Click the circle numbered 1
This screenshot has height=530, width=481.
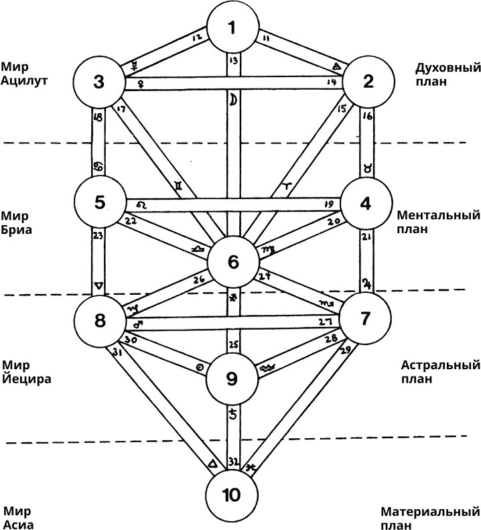click(232, 28)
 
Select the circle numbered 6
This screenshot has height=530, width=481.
click(233, 262)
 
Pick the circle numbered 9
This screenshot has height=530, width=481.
click(232, 379)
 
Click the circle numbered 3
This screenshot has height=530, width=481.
click(99, 83)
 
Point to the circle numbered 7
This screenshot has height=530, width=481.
click(365, 318)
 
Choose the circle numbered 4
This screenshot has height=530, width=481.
click(366, 203)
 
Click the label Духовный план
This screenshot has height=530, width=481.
click(440, 75)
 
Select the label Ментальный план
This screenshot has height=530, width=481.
click(438, 222)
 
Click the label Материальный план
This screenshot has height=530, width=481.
click(430, 518)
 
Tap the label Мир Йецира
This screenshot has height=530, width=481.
click(26, 372)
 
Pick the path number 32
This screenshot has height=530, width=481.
click(232, 462)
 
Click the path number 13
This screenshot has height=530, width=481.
click(232, 62)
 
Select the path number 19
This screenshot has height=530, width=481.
click(328, 204)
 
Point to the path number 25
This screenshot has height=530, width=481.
click(232, 346)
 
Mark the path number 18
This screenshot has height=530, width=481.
click(99, 117)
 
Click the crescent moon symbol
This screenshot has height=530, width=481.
click(234, 99)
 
